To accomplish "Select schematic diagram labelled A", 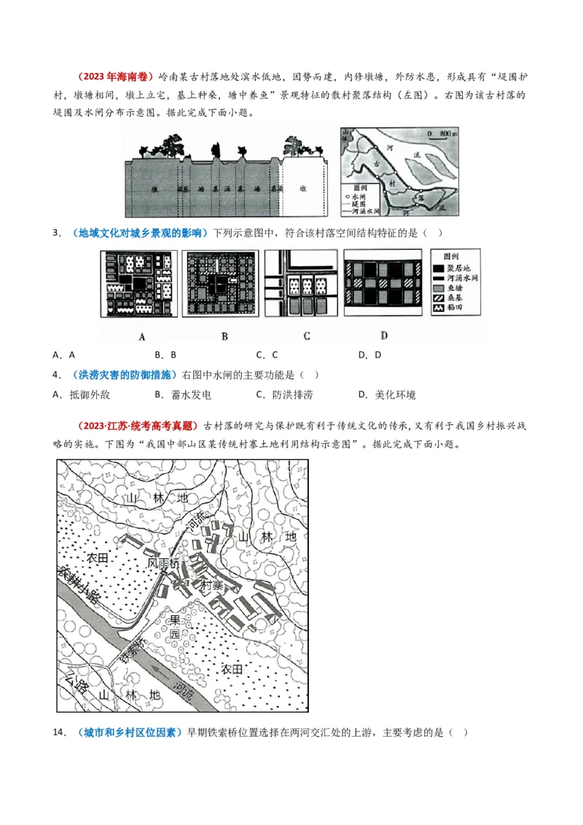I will tap(138, 284).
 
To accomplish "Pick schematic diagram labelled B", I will tap(219, 284).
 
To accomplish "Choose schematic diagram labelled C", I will tap(300, 284).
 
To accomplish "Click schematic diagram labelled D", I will tap(383, 284).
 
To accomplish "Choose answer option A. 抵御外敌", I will tap(79, 394).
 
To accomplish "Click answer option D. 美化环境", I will tap(387, 394).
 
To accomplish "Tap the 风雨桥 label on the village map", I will tap(163, 563).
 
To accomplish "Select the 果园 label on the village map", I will tap(175, 627).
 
